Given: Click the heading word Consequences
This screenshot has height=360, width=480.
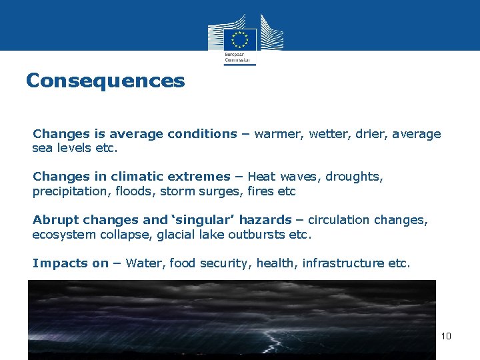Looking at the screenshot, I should (105, 81).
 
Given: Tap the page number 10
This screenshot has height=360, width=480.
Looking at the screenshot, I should (446, 335).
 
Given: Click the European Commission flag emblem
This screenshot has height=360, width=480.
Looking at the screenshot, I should (240, 37).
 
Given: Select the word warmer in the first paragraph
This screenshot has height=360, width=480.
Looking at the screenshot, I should (278, 134).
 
